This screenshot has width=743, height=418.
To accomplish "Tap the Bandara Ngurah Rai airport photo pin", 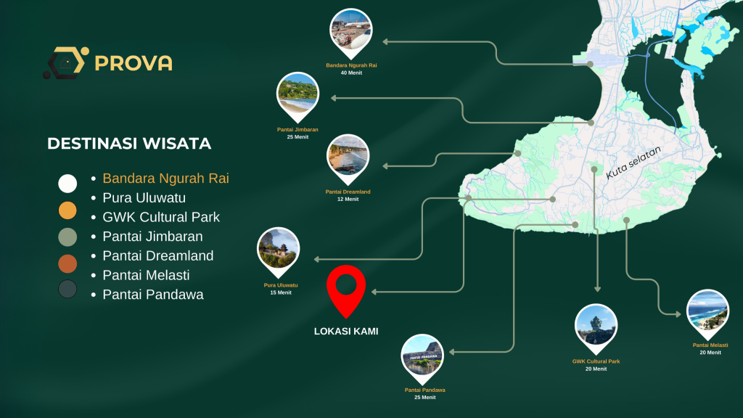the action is click(351, 31).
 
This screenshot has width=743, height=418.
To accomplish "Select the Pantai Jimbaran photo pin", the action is click(297, 95).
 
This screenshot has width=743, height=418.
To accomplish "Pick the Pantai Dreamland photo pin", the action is click(348, 157).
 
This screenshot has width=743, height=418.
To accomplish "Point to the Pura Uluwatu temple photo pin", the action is click(278, 250).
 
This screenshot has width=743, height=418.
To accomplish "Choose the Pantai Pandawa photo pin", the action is click(422, 357).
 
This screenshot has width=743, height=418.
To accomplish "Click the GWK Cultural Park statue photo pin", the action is click(596, 327).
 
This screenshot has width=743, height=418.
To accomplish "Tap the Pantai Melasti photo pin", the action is click(708, 312).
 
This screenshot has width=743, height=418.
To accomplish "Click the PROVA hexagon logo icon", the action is click(66, 62).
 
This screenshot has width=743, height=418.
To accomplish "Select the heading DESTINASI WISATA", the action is click(129, 144).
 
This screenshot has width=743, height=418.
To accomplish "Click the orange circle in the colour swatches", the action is click(67, 210).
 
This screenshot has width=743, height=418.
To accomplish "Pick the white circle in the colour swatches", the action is click(67, 184).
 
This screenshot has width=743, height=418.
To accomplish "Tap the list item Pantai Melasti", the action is click(146, 275).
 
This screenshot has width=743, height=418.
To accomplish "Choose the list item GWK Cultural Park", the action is click(161, 217).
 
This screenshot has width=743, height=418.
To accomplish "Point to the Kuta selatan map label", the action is click(633, 163).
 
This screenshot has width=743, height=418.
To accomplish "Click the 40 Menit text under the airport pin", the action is click(351, 73).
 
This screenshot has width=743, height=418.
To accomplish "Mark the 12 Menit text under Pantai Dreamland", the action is click(348, 200).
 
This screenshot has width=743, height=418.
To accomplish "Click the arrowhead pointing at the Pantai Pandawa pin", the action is click(452, 352).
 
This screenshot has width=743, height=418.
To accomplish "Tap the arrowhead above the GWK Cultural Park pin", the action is click(598, 289).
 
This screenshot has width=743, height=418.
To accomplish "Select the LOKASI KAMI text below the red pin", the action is click(346, 331).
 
